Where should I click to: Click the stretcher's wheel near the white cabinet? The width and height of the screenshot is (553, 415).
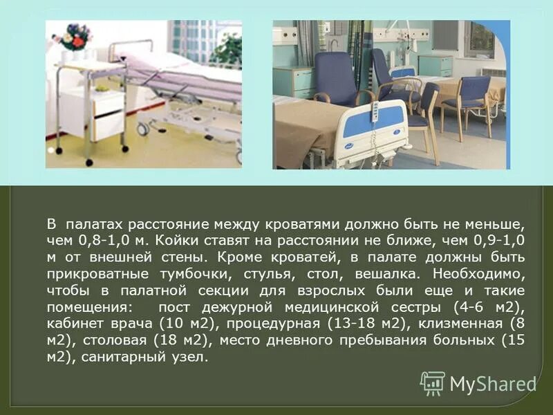pyautogui.click(x=143, y=129)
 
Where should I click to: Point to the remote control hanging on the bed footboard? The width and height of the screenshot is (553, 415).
pyautogui.click(x=376, y=113)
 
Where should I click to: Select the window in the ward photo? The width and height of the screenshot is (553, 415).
pyautogui.click(x=480, y=40)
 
